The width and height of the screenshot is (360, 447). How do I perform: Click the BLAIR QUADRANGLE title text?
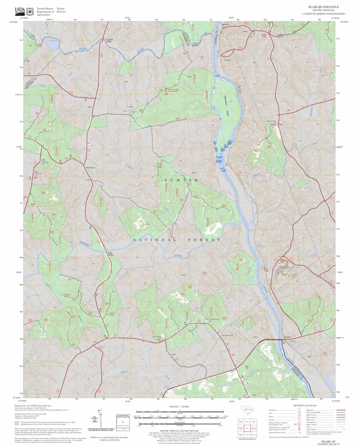(323, 7)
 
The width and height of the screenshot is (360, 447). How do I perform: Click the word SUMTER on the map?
(181, 180)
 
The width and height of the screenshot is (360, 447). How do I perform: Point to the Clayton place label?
(228, 60)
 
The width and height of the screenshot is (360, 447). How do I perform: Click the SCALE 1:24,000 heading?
(180, 406)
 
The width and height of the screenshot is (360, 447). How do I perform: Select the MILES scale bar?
(180, 412)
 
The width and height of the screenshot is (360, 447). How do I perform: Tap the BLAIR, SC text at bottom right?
(328, 441)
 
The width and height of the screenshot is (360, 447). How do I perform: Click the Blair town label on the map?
(282, 260)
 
